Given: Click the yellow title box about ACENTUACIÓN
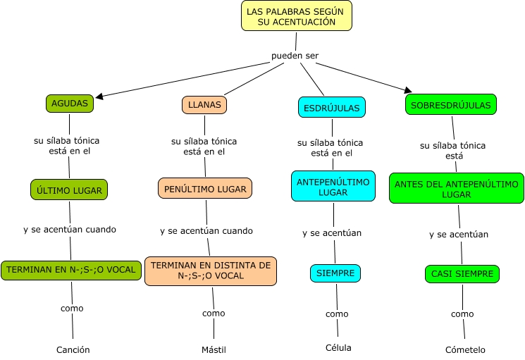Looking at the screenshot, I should click(x=296, y=15).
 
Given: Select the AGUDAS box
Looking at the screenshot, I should click(x=70, y=104).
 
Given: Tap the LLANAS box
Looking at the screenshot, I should click(x=204, y=105).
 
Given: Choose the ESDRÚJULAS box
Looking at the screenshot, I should click(x=331, y=108).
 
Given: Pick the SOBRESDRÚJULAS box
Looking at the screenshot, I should click(x=451, y=104).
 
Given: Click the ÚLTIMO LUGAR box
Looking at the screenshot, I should click(x=69, y=190).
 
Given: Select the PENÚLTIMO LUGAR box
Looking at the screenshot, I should click(x=205, y=189).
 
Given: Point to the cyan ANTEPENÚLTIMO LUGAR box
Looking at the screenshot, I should click(x=333, y=187).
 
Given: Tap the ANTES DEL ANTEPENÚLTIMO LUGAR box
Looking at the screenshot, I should click(x=457, y=188).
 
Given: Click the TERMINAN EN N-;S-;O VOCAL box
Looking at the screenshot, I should click(x=69, y=269).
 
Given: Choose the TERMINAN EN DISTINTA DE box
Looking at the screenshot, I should click(x=211, y=271).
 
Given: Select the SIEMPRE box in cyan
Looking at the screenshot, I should click(x=335, y=273).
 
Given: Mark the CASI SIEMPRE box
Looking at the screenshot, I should click(x=462, y=274).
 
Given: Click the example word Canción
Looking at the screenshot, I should click(x=73, y=349).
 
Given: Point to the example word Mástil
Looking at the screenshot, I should click(x=214, y=349).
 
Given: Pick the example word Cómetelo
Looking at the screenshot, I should click(x=465, y=349).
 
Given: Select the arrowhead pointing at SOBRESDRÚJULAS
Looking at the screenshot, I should click(x=407, y=90).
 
